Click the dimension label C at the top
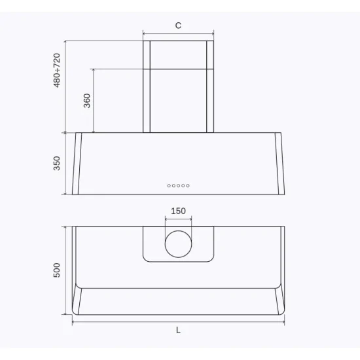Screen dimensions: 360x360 tap(178, 26)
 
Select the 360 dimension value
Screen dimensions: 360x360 tap(87, 101)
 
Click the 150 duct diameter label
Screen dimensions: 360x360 tap(178, 211)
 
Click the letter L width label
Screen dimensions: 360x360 tap(178, 331)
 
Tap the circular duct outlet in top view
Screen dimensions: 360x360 tap(178, 243)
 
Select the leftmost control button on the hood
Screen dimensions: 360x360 tap(169, 186)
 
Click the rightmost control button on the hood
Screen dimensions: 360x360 tap(188, 186)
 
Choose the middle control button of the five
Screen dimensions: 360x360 tap(178, 186)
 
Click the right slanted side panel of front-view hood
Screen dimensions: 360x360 tap(279, 164)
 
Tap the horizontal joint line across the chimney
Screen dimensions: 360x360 tap(178, 68)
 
